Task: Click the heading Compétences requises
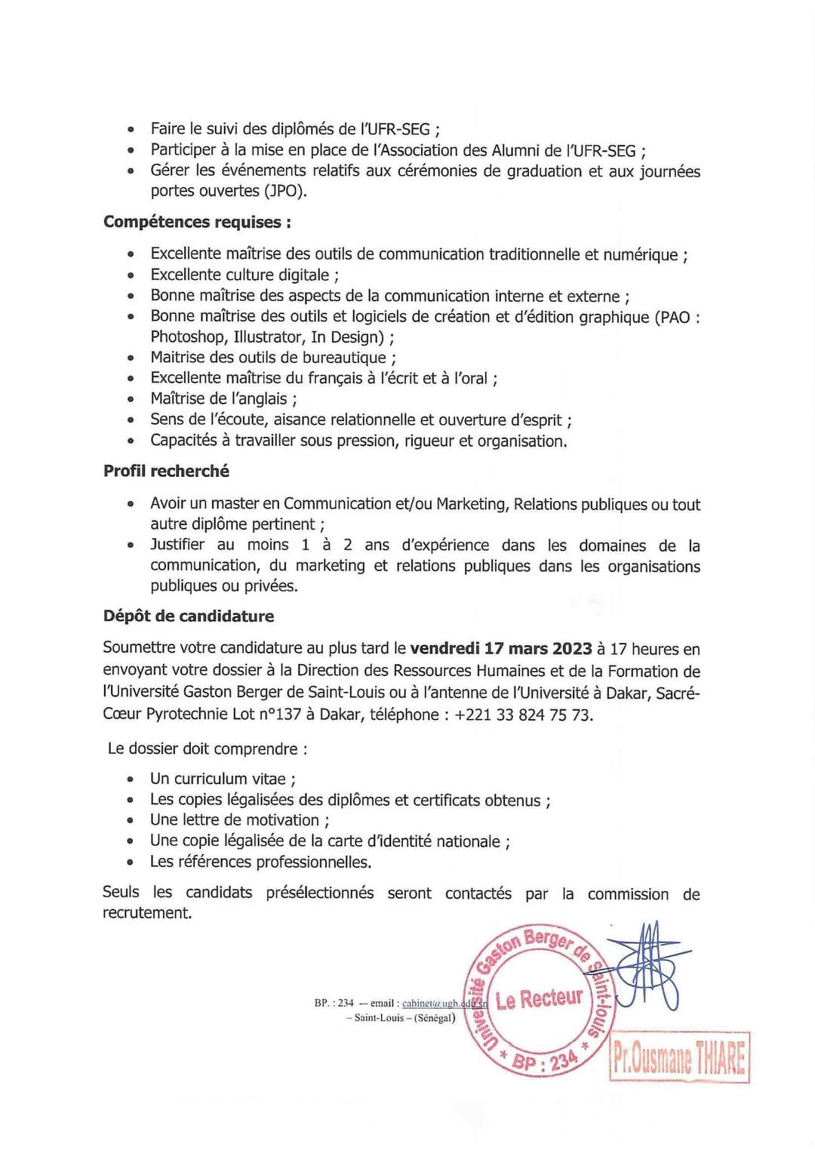click(x=197, y=222)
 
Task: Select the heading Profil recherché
click(x=166, y=471)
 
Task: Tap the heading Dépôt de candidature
click(x=189, y=616)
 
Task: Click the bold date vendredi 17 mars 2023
click(x=500, y=648)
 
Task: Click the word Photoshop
click(x=187, y=337)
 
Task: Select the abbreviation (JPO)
click(x=284, y=191)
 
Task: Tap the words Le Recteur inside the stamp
click(x=540, y=999)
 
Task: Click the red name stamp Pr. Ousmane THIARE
click(x=679, y=1058)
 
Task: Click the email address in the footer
click(x=444, y=1004)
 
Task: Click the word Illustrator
click(x=269, y=337)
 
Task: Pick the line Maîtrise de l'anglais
click(x=223, y=398)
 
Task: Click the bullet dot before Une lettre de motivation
click(x=131, y=821)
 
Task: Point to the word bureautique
click(x=345, y=358)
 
